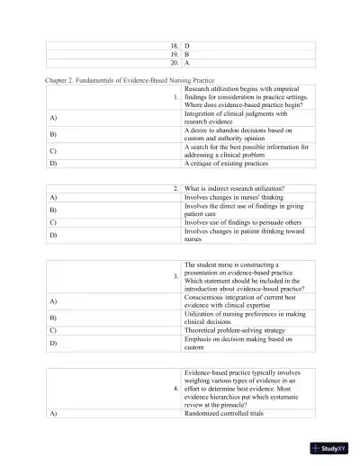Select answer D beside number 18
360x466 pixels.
coord(186,45)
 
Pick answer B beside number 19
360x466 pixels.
coord(186,54)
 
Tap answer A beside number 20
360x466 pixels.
coord(186,64)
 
